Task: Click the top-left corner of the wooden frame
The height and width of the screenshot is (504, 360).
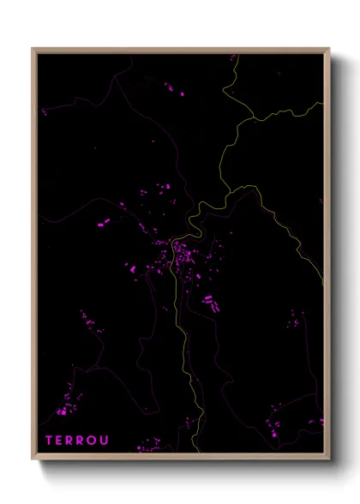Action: (x=33, y=49)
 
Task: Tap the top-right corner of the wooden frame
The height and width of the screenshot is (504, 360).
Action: (x=329, y=49)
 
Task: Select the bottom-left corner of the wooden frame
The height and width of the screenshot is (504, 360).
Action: (x=33, y=459)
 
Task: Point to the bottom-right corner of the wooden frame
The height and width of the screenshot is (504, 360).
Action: (x=329, y=459)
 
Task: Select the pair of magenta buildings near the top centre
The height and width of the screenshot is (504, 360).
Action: (x=176, y=90)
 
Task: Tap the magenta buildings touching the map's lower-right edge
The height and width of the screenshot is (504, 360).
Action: (x=321, y=421)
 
